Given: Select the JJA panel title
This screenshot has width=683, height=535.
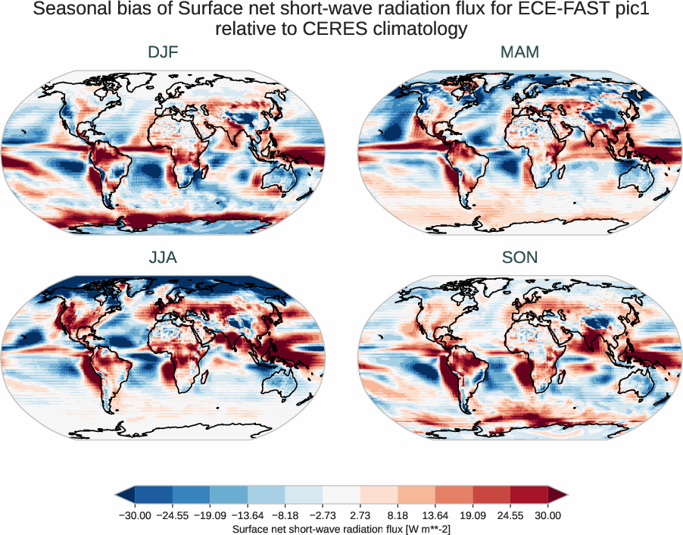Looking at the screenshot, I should click(x=163, y=258).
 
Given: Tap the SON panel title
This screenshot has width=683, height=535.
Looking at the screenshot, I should click(x=519, y=258).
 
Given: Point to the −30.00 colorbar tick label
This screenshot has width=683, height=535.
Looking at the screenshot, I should click(x=135, y=515).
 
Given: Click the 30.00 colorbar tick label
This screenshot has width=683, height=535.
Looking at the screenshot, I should click(x=548, y=515).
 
